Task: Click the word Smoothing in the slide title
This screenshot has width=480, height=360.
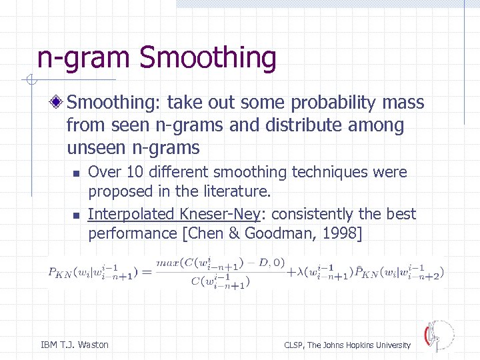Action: pos(207,58)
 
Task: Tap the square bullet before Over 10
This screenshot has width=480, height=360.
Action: pos(76,173)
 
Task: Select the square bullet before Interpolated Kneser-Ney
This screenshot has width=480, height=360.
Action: pos(76,215)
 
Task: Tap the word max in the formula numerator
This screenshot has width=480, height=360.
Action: pos(167,263)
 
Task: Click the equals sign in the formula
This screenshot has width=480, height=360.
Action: pos(146,271)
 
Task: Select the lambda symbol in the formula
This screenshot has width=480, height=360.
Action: pos(297,271)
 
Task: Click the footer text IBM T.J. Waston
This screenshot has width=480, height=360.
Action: pos(75,345)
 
